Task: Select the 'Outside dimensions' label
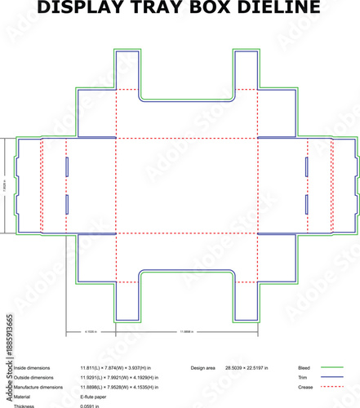[x=36, y=378]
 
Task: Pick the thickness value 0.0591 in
[x=90, y=406]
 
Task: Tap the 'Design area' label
[x=205, y=369]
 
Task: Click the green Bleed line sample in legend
[x=331, y=369]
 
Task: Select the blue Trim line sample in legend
[x=331, y=378]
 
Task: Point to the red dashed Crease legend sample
[x=331, y=388]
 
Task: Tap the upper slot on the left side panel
[x=67, y=166]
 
